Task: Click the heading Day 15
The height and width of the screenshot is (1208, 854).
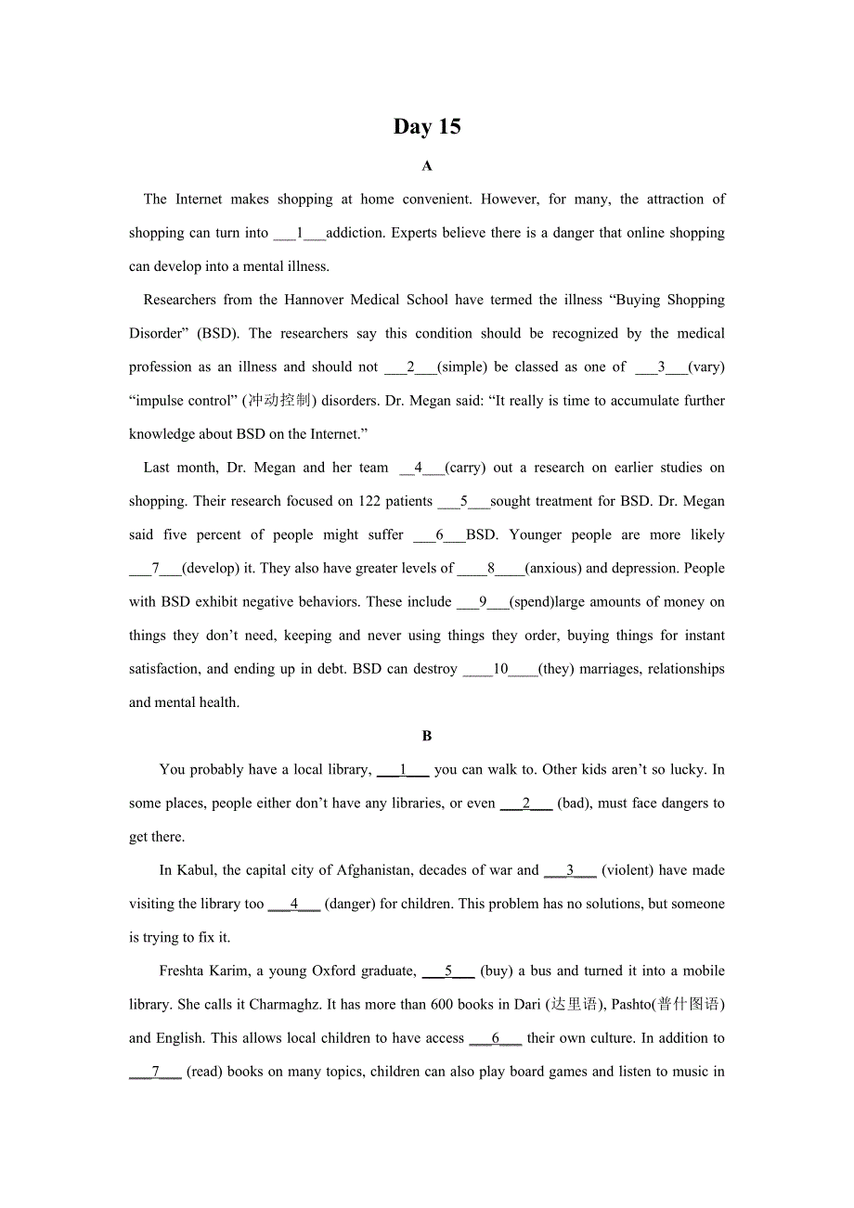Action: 427,127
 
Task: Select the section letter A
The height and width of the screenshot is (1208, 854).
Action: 427,166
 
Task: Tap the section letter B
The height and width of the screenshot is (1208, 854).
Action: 427,736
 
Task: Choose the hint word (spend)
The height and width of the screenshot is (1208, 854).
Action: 532,601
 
